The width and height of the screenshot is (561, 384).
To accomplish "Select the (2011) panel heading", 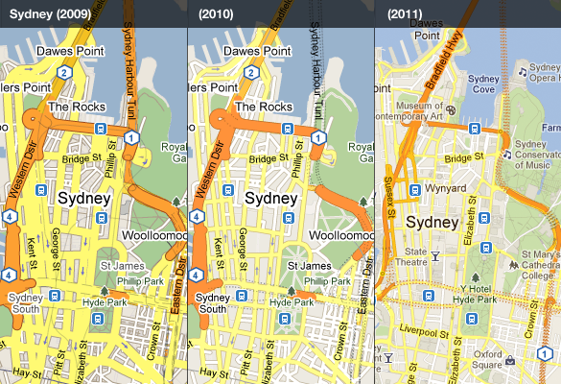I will point(403,14).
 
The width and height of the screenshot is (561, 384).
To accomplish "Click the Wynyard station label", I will point(444,189).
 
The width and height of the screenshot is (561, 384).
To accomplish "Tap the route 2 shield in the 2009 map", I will point(64,71).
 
